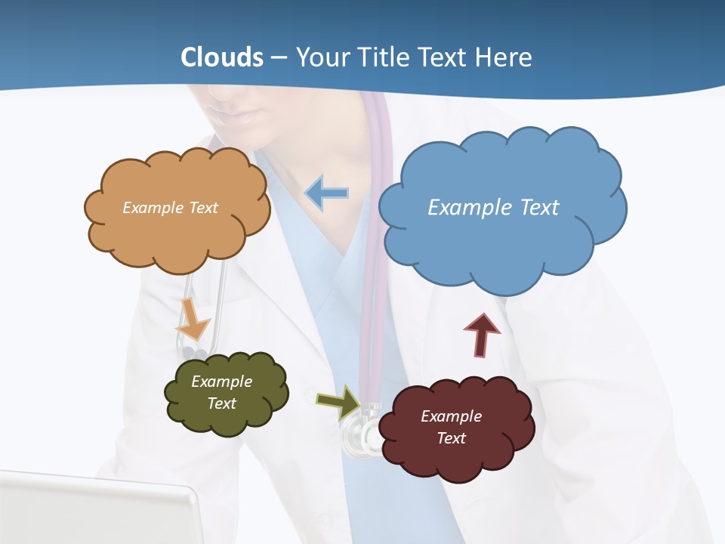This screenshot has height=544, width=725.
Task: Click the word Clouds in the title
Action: [222, 57]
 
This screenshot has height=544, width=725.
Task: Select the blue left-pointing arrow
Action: [327, 193]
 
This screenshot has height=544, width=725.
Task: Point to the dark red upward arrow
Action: [481, 335]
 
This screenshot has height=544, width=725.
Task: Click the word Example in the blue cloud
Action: [464, 207]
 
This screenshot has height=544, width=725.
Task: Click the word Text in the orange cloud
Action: [202, 208]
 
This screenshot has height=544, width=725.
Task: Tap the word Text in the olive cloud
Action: [222, 403]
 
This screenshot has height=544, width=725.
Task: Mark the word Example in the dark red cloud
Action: [451, 416]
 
